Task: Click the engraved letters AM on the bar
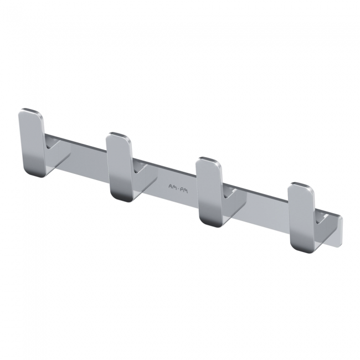pyautogui.click(x=172, y=187)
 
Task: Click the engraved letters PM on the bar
pyautogui.click(x=184, y=190)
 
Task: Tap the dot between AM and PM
pyautogui.click(x=178, y=188)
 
